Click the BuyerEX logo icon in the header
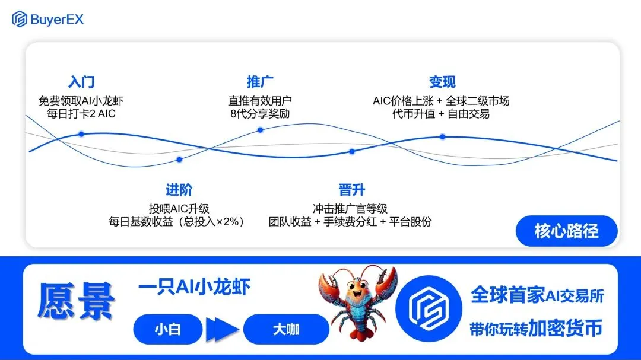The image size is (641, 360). point(19,19)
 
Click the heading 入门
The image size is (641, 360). point(81,82)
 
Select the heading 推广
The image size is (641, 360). point(260,82)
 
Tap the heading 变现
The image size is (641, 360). point(442,82)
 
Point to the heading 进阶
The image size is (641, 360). point(179,190)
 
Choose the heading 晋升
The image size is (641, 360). point(351,190)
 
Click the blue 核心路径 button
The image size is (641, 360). point(567,231)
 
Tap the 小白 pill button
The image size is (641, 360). point(167,329)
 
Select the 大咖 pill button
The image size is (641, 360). point(286,329)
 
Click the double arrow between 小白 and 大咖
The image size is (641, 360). point(223,329)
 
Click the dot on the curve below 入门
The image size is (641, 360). point(81,134)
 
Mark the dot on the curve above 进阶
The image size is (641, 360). point(179,160)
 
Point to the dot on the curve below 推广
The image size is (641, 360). point(260,130)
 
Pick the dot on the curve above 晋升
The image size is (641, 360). point(352,152)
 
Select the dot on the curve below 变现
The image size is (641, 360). point(442,136)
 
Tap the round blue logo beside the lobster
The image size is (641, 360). point(429,308)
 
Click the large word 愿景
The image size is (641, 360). point(76,301)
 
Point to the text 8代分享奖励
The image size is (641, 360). point(260,114)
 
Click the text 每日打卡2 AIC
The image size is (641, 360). point(81,114)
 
